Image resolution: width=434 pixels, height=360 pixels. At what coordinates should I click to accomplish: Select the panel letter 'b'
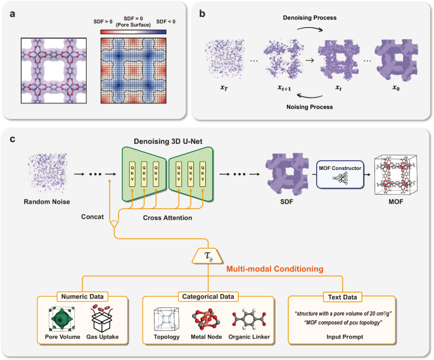click(x=201, y=12)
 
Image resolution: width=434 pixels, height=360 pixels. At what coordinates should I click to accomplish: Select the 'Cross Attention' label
click(x=165, y=217)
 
